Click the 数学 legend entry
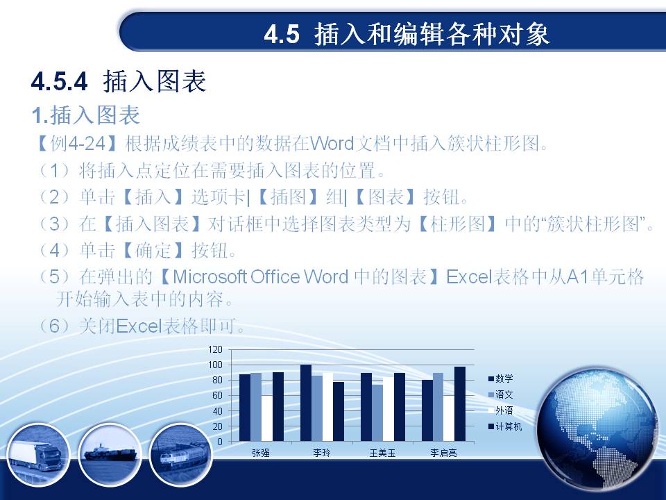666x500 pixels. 501,378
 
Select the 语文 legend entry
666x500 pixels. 501,394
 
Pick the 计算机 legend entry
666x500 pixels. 505,426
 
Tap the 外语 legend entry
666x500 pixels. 501,410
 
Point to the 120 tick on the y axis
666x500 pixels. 215,349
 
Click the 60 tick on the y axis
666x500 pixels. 217,395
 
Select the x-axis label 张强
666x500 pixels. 261,453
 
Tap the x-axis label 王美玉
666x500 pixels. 382,453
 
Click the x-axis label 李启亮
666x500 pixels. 443,453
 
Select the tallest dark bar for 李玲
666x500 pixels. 306,403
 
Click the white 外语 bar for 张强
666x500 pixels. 266,418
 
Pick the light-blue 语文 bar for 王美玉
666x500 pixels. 377,412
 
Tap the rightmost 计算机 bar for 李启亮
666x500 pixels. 460,404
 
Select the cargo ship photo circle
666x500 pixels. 110,455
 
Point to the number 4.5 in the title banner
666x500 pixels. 282,34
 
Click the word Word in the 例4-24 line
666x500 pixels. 332,144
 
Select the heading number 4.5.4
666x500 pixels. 60,81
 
